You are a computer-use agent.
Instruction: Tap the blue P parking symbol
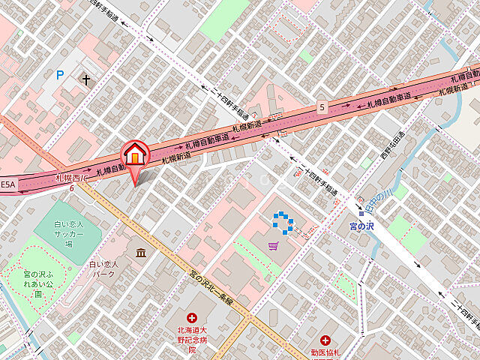coord(60,74)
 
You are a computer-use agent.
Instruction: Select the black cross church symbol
coord(87,79)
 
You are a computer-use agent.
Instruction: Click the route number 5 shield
coord(322,106)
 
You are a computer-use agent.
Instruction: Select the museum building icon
coord(140,253)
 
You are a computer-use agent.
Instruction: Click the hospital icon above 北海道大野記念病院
coord(192,319)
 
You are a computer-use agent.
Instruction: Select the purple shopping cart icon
coord(274,245)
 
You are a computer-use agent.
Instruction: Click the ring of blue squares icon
coord(282,220)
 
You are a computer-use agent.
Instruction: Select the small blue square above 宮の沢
coord(361,213)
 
